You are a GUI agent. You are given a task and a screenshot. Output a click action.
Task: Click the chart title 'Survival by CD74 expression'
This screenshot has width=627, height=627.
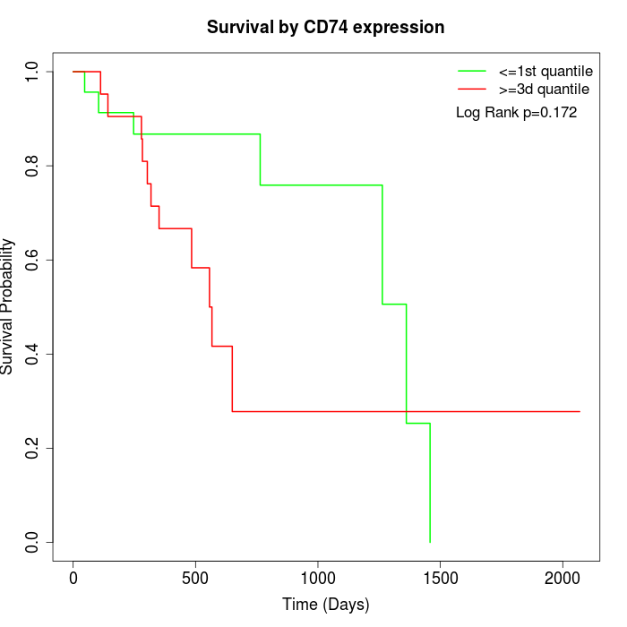coord(325,27)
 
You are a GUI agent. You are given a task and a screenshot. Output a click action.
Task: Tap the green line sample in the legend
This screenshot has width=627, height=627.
coord(472,71)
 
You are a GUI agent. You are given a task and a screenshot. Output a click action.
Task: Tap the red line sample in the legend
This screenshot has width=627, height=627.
coord(472,90)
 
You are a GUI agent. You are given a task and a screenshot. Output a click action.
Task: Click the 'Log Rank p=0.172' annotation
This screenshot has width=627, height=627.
coord(517,113)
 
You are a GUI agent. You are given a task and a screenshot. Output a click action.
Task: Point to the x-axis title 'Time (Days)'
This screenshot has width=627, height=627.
coord(325,605)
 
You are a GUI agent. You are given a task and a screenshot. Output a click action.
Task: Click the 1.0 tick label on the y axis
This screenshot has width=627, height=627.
coord(33,72)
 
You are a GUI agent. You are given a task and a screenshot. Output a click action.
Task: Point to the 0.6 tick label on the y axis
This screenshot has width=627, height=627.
coord(33,260)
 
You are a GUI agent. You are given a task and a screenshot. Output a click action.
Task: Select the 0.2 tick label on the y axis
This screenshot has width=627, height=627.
coord(33,448)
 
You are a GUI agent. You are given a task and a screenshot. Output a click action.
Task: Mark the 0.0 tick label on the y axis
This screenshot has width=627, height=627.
coord(33,542)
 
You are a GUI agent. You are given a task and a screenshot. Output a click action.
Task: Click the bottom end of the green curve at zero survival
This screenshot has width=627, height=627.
coord(430,542)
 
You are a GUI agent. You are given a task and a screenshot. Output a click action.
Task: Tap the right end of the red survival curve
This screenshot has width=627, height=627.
coord(580,411)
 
